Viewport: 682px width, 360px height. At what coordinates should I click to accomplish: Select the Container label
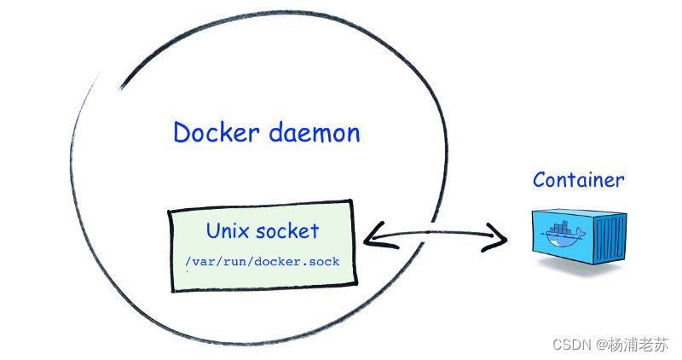point(578,180)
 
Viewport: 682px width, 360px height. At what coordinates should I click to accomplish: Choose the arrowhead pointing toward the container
point(498,238)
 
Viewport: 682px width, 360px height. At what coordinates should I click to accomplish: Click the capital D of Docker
point(181,133)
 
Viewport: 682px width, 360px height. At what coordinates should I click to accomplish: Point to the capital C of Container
point(540,180)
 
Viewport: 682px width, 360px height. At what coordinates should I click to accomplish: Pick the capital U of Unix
point(213,230)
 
